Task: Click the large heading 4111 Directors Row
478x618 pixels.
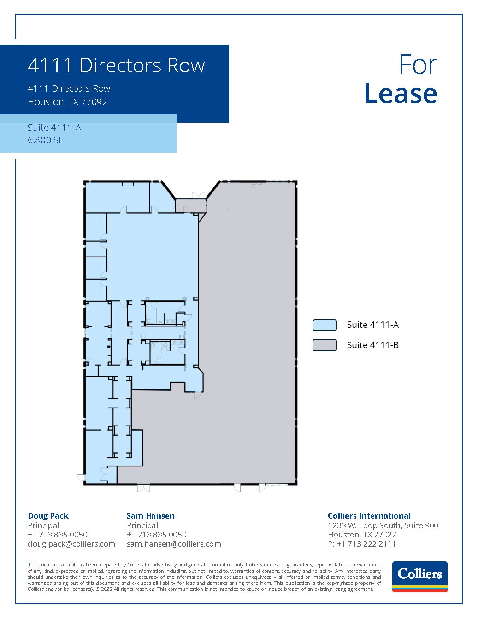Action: pyautogui.click(x=116, y=65)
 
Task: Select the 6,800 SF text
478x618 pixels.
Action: pyautogui.click(x=45, y=140)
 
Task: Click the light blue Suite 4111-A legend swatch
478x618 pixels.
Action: pyautogui.click(x=325, y=325)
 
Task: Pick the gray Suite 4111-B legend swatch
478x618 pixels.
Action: pyautogui.click(x=325, y=345)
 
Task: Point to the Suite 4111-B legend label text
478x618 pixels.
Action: pyautogui.click(x=372, y=345)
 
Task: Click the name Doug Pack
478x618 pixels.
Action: pyautogui.click(x=48, y=516)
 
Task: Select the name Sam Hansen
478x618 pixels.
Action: pyautogui.click(x=150, y=516)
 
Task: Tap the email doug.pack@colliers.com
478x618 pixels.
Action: pyautogui.click(x=71, y=544)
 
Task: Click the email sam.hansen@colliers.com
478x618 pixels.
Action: pyautogui.click(x=174, y=544)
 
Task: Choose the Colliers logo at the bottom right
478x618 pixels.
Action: pyautogui.click(x=419, y=576)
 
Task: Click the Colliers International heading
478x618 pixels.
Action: pyautogui.click(x=369, y=516)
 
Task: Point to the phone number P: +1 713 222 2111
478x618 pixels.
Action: pyautogui.click(x=361, y=544)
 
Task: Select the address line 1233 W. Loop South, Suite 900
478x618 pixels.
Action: pyautogui.click(x=383, y=525)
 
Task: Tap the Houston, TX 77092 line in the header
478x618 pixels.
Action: pyautogui.click(x=67, y=102)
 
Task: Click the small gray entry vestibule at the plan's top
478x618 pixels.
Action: pyautogui.click(x=190, y=205)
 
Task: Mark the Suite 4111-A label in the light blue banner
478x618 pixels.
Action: pyautogui.click(x=54, y=128)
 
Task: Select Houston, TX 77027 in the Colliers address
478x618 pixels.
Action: pyautogui.click(x=362, y=535)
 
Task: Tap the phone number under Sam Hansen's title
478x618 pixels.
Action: pyautogui.click(x=156, y=535)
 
